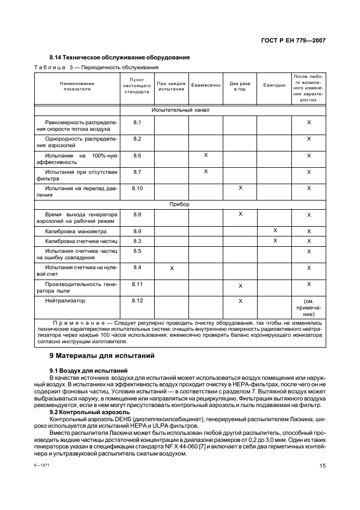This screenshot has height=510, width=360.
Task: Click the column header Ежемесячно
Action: point(205,86)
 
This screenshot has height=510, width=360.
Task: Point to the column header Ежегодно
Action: point(274,86)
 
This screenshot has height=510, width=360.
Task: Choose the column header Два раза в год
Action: point(240,86)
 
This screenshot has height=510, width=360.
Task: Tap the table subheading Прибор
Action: point(180,204)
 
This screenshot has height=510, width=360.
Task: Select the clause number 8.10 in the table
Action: point(137,188)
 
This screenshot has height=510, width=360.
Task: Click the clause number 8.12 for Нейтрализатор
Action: point(137,300)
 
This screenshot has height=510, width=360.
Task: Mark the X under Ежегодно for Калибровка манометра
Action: point(275,231)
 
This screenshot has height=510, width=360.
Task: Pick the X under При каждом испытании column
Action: point(172,268)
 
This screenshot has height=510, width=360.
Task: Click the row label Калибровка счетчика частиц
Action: point(77,241)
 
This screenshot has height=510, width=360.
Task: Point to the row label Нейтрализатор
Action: point(65,300)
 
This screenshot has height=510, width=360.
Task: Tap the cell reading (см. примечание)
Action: point(309,307)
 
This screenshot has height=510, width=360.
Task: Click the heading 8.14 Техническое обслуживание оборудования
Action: point(119,57)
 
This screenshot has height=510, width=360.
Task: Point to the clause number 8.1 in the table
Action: point(137,123)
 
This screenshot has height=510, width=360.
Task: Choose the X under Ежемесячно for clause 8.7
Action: point(206,172)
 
